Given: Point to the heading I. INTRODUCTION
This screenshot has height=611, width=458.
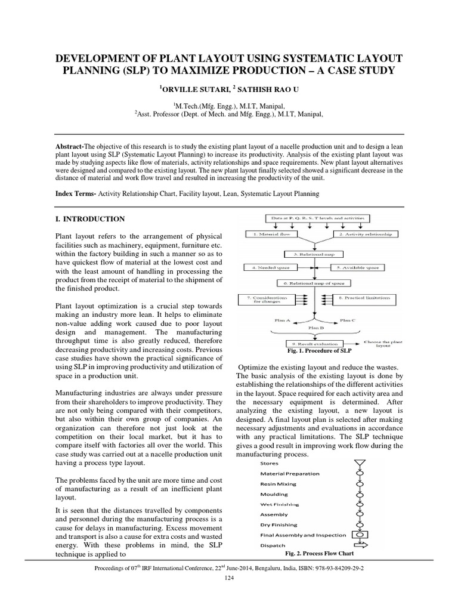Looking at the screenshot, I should click(x=89, y=219).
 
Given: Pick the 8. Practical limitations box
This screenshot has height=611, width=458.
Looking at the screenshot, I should click(x=364, y=298).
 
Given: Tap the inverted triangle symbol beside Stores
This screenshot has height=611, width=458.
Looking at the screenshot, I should click(x=359, y=463).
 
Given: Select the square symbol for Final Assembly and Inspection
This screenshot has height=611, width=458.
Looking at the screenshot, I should click(x=359, y=534).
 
